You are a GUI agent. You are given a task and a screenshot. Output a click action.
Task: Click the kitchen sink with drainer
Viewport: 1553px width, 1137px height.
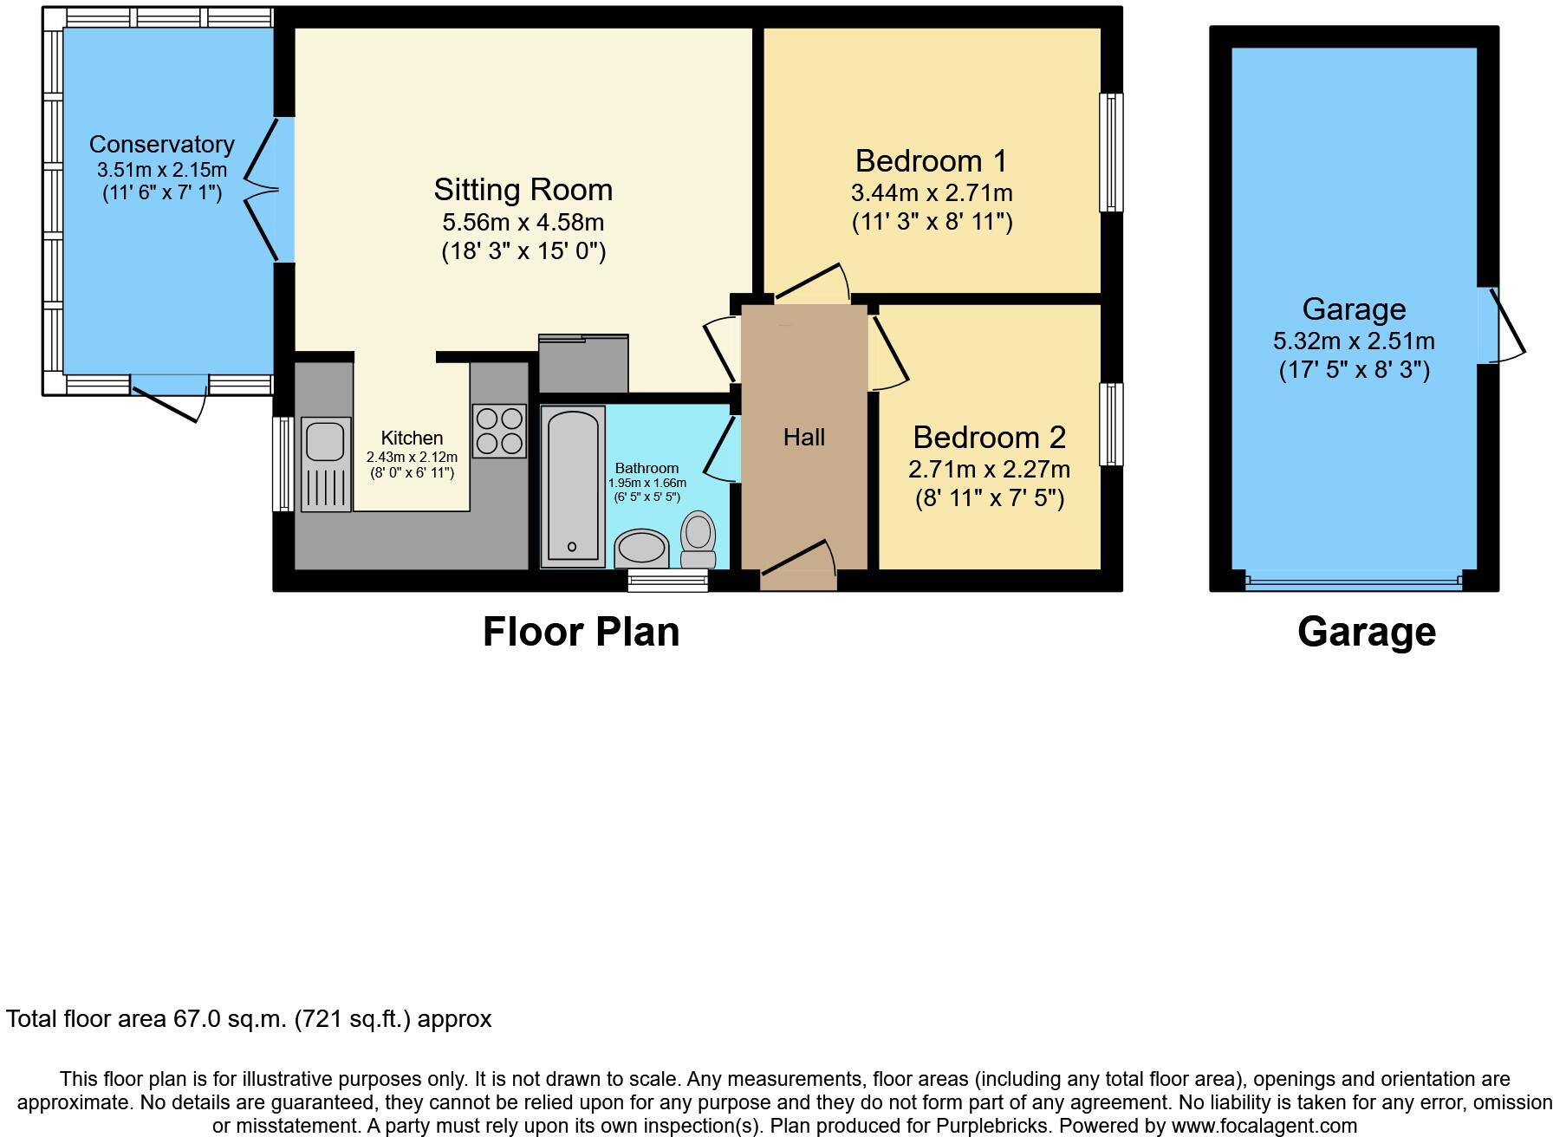[326, 464]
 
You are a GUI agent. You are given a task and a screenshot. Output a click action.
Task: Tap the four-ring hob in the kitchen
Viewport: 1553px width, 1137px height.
[499, 431]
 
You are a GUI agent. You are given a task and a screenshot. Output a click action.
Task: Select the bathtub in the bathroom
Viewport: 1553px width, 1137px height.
[572, 487]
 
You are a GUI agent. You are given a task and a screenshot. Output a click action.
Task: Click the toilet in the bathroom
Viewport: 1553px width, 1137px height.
[698, 540]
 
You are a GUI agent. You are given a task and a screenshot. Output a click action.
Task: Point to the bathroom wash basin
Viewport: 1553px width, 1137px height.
[641, 549]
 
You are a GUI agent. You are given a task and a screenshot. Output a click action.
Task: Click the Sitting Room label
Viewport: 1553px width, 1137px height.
[523, 189]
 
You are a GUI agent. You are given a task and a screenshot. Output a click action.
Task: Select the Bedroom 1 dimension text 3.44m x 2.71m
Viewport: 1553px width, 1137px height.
[932, 192]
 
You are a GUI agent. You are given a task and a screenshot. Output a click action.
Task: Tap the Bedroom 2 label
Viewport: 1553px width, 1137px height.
[989, 437]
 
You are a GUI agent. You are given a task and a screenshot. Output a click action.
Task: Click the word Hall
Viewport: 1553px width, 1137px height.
[803, 438]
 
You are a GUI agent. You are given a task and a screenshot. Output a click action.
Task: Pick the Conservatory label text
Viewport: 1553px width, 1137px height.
[161, 144]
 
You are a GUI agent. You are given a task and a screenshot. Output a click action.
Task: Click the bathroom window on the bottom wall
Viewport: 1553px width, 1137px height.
[667, 581]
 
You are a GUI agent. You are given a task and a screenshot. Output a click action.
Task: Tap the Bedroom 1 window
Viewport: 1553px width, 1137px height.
[1111, 153]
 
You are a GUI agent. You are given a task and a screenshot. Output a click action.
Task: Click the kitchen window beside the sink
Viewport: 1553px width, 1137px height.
[283, 464]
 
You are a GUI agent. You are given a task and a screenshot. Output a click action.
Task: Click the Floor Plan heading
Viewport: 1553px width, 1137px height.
[581, 632]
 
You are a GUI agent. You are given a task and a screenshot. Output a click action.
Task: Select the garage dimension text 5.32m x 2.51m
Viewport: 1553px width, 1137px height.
[1354, 341]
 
